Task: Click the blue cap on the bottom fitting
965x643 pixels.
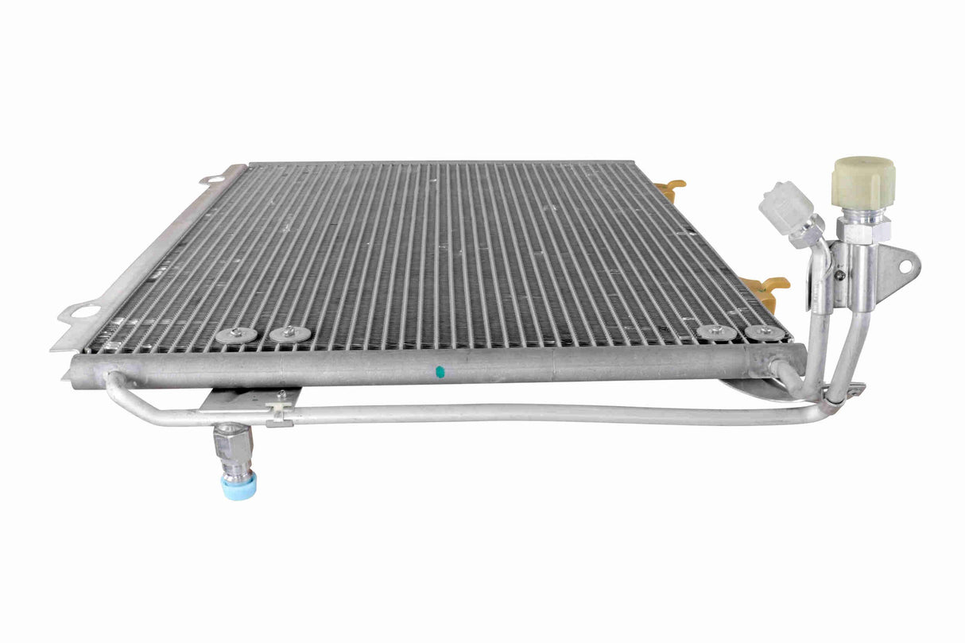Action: (x=239, y=486)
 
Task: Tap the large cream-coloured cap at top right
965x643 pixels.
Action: (x=863, y=183)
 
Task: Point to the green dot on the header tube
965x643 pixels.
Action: (x=439, y=370)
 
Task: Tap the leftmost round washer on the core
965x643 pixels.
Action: (x=236, y=335)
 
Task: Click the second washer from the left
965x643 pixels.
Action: (x=290, y=334)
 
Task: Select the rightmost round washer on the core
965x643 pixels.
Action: (x=764, y=332)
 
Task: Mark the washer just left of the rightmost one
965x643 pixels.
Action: (x=716, y=332)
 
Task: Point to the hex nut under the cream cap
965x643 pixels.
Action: (x=862, y=230)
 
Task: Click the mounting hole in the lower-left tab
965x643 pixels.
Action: (x=84, y=312)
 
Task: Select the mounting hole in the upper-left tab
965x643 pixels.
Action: (x=212, y=180)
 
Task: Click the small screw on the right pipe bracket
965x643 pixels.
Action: (x=839, y=275)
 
